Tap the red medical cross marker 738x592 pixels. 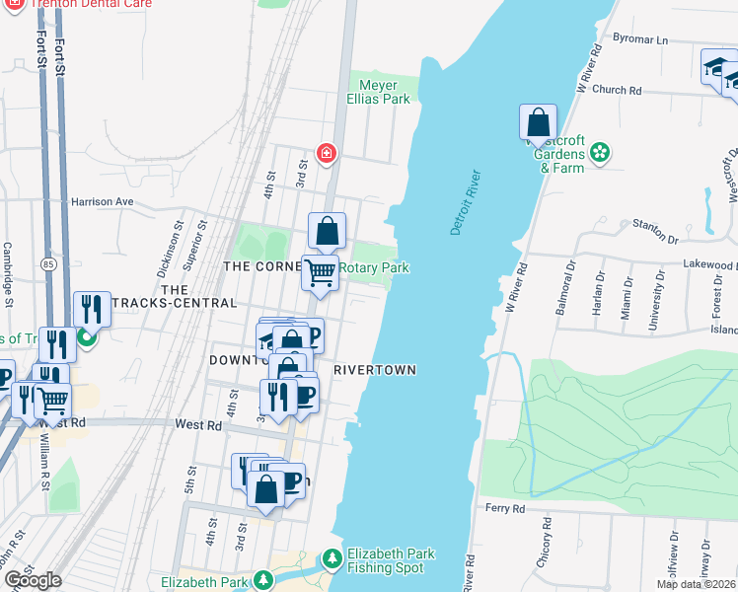[326, 153]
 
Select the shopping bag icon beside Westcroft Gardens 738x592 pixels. [538, 123]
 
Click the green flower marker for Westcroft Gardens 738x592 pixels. [599, 153]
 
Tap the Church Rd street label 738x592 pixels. [617, 90]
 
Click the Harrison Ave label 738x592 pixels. [102, 201]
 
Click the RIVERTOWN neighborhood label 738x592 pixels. [374, 370]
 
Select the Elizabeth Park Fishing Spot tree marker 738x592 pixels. [332, 560]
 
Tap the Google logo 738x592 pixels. [32, 580]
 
